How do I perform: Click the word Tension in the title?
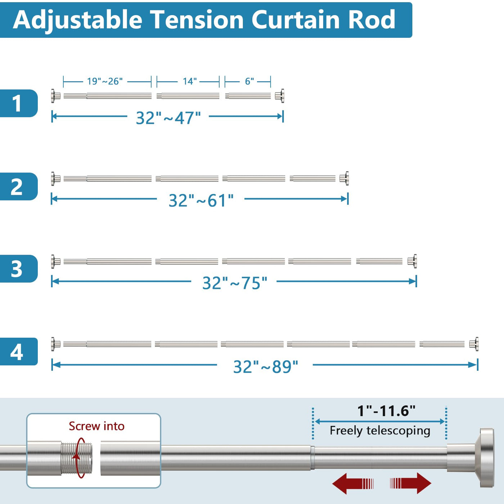pyautogui.click(x=198, y=20)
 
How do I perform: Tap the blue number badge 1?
pyautogui.click(x=19, y=103)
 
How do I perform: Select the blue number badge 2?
pyautogui.click(x=19, y=186)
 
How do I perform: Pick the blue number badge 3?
pyautogui.click(x=19, y=269)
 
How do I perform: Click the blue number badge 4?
pyautogui.click(x=19, y=351)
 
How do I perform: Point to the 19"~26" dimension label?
pyautogui.click(x=105, y=81)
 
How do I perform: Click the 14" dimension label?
pyautogui.click(x=190, y=81)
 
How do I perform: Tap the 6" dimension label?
pyautogui.click(x=249, y=81)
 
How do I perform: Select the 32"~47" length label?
pyautogui.click(x=168, y=118)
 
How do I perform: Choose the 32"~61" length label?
pyautogui.click(x=201, y=201)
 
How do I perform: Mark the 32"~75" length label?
pyautogui.click(x=235, y=283)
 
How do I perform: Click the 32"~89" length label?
pyautogui.click(x=265, y=366)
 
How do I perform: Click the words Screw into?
pyautogui.click(x=96, y=426)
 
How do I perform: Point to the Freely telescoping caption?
pyautogui.click(x=380, y=431)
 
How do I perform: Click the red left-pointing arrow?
pyautogui.click(x=352, y=483)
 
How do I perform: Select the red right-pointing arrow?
pyautogui.click(x=410, y=483)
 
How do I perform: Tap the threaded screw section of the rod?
pyautogui.click(x=77, y=458)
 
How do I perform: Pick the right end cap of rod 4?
pyautogui.click(x=474, y=344)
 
